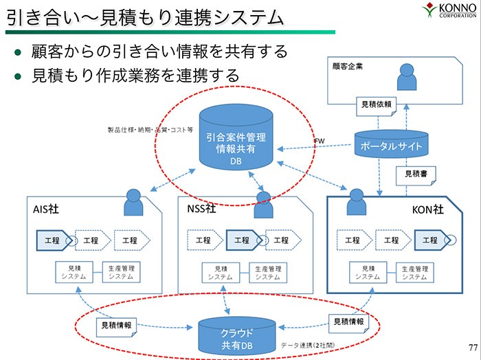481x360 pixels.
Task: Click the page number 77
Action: click(x=471, y=346)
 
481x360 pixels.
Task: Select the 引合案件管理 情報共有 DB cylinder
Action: click(x=236, y=141)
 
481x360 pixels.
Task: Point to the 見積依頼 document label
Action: click(x=377, y=104)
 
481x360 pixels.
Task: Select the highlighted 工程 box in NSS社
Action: click(x=243, y=240)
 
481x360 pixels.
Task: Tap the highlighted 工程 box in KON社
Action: click(x=431, y=240)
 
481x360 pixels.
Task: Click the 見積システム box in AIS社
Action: click(x=75, y=272)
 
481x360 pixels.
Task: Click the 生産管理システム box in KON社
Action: click(x=414, y=272)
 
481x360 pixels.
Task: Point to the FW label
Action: click(x=319, y=142)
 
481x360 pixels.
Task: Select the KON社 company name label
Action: click(x=427, y=210)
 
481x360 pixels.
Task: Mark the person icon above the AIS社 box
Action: click(x=133, y=203)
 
